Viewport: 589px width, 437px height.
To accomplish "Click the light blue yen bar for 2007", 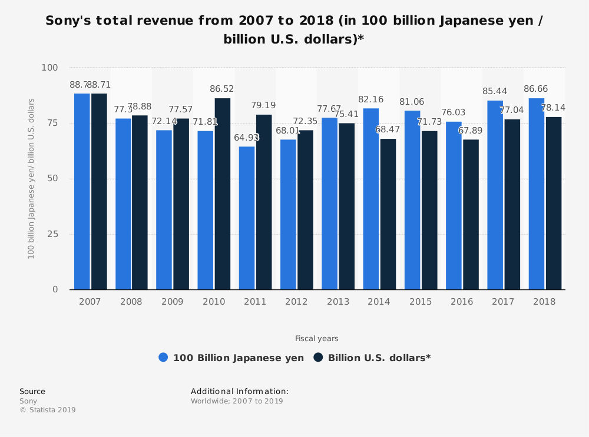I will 82,191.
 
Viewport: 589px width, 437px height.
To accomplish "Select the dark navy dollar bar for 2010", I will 223,194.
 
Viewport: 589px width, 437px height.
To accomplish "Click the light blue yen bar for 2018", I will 537,194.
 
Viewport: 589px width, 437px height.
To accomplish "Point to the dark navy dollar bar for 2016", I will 471,214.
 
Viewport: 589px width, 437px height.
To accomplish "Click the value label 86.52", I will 222,89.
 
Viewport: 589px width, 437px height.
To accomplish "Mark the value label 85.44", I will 495,91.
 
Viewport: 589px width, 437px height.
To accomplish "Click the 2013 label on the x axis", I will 337,301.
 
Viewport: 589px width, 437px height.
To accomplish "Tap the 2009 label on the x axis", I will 172,301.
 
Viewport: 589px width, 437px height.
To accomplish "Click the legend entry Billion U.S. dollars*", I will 372,358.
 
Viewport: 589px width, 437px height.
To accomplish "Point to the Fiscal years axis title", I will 317,338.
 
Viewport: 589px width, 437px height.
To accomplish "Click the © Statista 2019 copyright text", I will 48,410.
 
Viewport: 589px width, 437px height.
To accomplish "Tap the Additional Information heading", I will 240,391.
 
